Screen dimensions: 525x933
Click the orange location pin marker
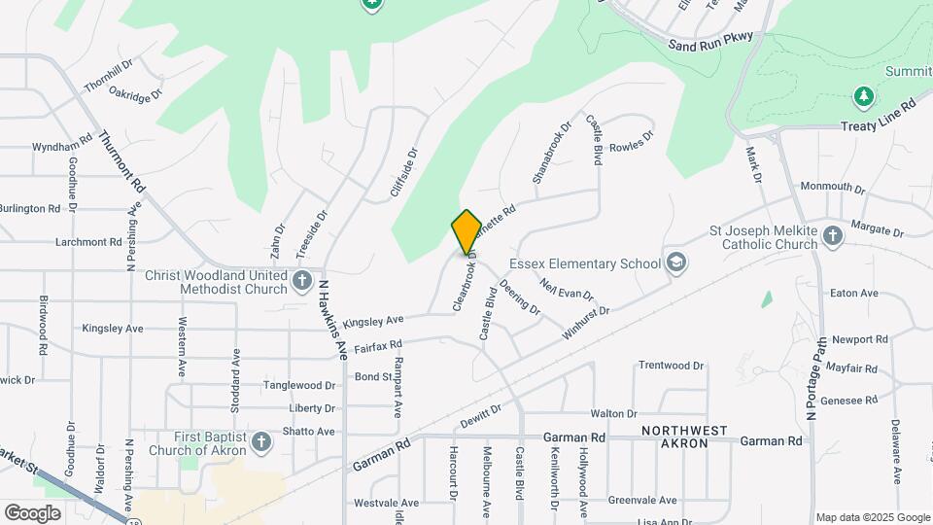[x=466, y=231]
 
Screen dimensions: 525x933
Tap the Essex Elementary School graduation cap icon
[x=675, y=263]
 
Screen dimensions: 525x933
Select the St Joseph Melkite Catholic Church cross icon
[x=832, y=235]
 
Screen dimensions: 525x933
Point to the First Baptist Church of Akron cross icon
[x=259, y=442]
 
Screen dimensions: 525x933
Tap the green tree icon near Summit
[x=862, y=96]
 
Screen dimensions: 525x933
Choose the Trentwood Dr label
[x=671, y=366]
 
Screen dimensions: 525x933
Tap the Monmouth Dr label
[x=832, y=187]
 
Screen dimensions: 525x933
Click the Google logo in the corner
[x=33, y=512]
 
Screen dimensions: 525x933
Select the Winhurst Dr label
[x=585, y=324]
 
